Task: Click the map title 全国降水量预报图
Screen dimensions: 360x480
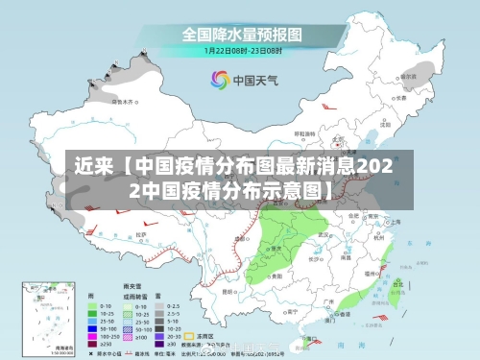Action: pos(239,35)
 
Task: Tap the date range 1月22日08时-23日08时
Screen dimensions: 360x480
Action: pos(239,50)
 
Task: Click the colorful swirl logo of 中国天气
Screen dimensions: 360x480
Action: pos(220,78)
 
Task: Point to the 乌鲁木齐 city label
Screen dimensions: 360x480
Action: pos(123,100)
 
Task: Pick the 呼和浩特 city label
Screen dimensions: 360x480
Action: pos(296,146)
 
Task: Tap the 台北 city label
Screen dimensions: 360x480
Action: pos(403,276)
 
